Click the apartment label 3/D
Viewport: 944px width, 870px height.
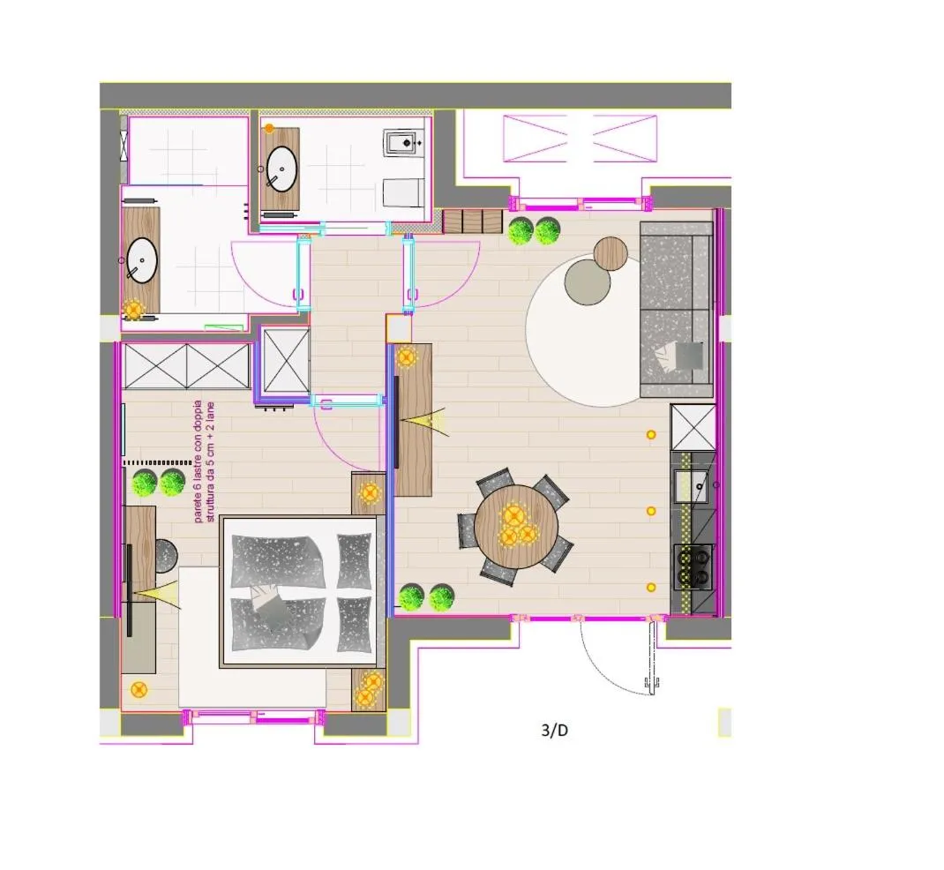click(554, 731)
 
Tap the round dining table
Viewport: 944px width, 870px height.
click(516, 526)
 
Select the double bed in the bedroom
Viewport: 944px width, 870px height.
click(301, 592)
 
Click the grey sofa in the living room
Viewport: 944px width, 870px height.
click(677, 310)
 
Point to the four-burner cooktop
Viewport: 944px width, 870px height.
click(693, 566)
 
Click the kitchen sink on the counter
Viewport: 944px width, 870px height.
click(691, 486)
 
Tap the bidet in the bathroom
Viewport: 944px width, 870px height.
click(402, 143)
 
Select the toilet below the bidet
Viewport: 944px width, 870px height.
click(403, 192)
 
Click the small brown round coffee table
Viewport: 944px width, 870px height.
click(611, 253)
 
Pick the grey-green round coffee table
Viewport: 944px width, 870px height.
click(587, 281)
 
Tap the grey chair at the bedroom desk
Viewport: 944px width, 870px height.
click(165, 556)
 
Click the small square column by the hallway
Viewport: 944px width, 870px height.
click(399, 329)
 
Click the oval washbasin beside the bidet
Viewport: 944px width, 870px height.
click(281, 169)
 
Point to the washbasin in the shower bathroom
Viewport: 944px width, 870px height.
click(142, 260)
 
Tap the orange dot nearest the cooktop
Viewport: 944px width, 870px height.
click(651, 587)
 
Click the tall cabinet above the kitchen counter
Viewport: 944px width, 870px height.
click(693, 427)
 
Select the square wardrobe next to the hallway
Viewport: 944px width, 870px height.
click(287, 360)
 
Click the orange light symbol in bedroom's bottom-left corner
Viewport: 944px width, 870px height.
click(139, 689)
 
